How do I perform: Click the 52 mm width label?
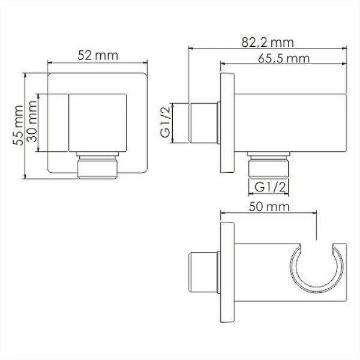click(97, 55)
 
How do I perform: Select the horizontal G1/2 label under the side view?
click(269, 187)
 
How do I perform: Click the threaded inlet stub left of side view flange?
click(205, 124)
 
